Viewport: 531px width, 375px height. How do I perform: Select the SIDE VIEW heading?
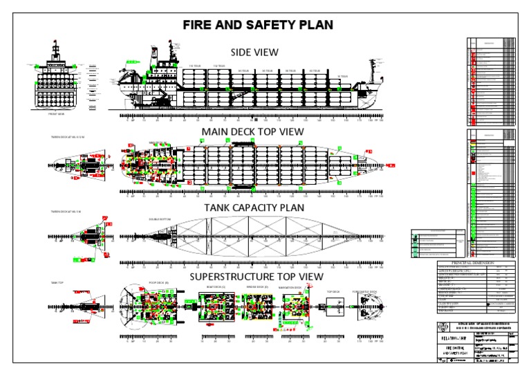tap(254, 52)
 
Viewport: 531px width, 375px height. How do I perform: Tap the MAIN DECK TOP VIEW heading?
tap(254, 131)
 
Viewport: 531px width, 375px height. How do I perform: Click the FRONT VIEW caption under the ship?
tap(57, 114)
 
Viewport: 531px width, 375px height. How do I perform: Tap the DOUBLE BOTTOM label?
tap(158, 220)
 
